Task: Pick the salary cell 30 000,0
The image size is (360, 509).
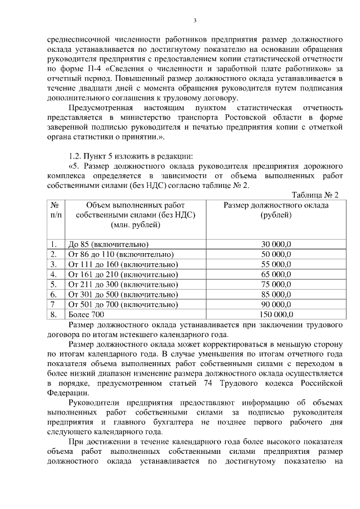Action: point(276,245)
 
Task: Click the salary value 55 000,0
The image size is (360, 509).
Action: point(276,264)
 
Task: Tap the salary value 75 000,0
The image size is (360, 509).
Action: point(276,285)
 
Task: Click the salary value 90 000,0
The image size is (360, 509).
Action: point(276,304)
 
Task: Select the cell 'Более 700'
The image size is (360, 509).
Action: point(85,314)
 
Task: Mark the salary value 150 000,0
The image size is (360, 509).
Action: point(276,314)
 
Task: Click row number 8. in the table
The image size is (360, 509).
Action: point(54,314)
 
